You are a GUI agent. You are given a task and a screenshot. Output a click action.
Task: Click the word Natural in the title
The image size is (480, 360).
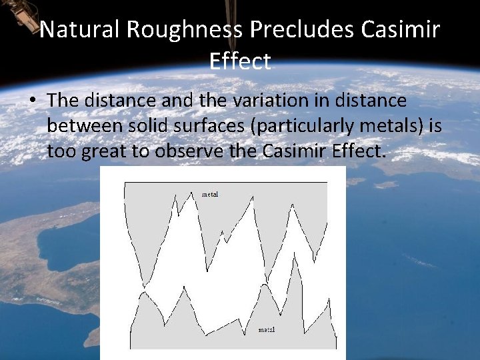(x=81, y=30)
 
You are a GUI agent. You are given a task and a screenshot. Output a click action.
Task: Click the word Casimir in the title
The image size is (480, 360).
(x=400, y=30)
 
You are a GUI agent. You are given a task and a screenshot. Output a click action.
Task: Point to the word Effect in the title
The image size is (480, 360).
(x=240, y=61)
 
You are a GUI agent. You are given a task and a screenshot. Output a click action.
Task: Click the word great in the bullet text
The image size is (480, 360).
(x=105, y=152)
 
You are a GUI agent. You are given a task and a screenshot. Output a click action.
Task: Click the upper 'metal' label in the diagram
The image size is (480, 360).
(x=210, y=195)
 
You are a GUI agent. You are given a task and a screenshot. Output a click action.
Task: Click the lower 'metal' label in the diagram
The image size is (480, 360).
(x=267, y=330)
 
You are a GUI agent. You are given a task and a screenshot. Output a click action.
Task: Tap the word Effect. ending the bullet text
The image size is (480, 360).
(x=359, y=151)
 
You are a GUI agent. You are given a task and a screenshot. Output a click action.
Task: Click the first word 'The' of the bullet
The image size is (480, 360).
(x=63, y=101)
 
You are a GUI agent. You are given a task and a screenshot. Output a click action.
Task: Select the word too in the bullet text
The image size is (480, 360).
(x=61, y=152)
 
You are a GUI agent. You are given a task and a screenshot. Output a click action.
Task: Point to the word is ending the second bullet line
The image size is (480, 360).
(x=435, y=126)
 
